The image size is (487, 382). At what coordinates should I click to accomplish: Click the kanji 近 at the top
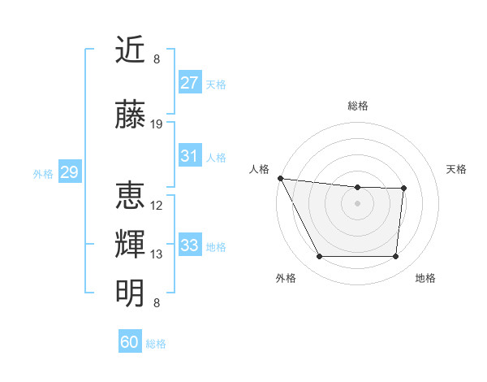[131, 50]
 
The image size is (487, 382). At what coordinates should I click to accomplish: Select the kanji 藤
[131, 116]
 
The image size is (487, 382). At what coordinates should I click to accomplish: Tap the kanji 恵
[131, 196]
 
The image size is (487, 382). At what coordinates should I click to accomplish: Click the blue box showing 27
[189, 83]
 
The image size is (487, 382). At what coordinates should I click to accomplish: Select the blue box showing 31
[189, 156]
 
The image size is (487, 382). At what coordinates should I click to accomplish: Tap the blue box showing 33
[189, 245]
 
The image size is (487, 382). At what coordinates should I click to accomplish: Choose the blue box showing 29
[69, 172]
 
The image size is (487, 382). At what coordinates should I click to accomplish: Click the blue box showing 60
[130, 342]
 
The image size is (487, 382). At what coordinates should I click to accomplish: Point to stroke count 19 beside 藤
[157, 124]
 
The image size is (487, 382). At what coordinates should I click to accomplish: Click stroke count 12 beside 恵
[157, 206]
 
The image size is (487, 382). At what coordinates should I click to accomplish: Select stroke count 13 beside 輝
[157, 254]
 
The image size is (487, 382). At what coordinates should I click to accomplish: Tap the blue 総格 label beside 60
[156, 344]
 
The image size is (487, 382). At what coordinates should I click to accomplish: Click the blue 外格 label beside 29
[43, 173]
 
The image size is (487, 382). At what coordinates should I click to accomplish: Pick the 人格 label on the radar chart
[259, 169]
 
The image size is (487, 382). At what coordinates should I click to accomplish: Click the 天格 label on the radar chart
[457, 169]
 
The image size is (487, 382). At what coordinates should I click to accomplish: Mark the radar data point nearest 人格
[280, 178]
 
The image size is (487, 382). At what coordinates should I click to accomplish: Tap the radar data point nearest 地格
[395, 257]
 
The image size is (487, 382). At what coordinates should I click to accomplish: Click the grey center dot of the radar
[357, 203]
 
